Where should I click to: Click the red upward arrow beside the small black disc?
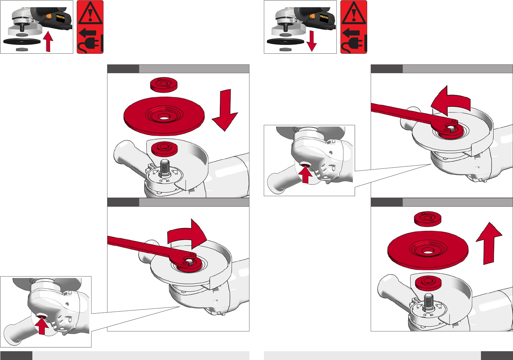(x=48, y=42)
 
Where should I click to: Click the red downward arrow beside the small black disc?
(x=311, y=41)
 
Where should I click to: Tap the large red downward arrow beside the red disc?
(x=225, y=110)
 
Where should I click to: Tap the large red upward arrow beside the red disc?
(x=489, y=243)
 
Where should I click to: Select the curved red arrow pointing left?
(x=450, y=101)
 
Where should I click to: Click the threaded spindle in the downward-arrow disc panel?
(x=164, y=168)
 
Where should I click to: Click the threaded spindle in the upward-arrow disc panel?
(x=428, y=302)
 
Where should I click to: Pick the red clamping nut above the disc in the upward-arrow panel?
(x=428, y=219)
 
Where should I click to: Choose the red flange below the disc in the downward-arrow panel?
(x=164, y=149)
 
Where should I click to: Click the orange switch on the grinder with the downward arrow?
(x=312, y=16)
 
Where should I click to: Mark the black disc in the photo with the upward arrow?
(x=22, y=41)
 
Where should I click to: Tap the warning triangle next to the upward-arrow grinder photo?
(x=90, y=13)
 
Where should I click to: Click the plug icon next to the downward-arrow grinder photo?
(x=354, y=44)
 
